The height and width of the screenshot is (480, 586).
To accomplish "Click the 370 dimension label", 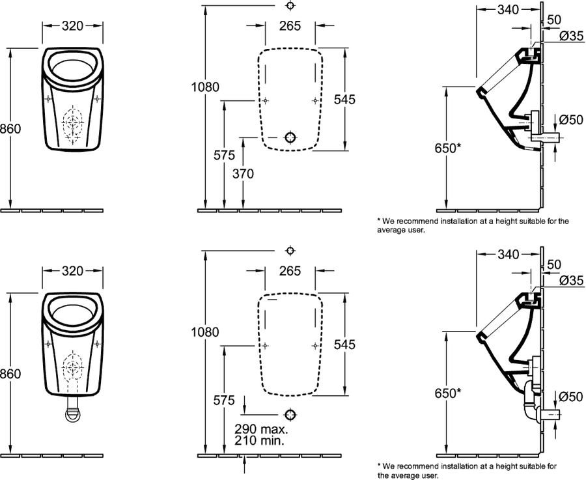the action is click(243, 173).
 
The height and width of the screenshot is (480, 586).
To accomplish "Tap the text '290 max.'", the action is click(261, 429).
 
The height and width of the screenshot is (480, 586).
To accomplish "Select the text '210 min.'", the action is click(259, 440).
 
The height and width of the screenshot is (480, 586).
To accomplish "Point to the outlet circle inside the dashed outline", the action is click(291, 137).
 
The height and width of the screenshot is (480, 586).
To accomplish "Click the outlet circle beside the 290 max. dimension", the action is click(290, 415).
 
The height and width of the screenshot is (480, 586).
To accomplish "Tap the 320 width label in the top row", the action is click(72, 26).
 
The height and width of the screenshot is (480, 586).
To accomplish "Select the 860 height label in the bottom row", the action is click(10, 373).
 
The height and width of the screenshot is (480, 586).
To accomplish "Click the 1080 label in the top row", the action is click(205, 87).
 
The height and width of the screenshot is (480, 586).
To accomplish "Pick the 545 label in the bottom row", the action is click(344, 345).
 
